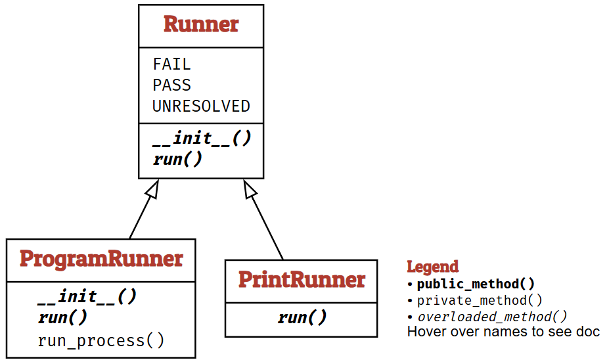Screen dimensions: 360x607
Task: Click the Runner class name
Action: point(200,24)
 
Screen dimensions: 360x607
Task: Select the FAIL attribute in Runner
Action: point(171,64)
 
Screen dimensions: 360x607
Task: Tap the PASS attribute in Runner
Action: point(171,85)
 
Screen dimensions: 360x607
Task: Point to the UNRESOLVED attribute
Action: point(201,106)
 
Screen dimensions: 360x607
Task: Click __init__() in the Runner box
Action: point(202,139)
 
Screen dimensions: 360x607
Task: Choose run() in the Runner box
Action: point(177,159)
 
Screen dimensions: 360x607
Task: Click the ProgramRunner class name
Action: point(101,259)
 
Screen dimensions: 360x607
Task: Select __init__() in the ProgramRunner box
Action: point(87,297)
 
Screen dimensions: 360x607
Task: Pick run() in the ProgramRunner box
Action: point(62,318)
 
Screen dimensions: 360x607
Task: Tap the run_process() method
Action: point(101,340)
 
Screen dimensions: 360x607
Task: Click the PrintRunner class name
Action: point(301,279)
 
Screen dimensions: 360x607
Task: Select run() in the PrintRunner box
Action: point(302,318)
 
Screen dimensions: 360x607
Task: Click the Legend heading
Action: point(432,267)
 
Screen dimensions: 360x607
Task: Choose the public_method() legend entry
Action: point(476,284)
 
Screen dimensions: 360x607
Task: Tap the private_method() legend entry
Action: point(480,300)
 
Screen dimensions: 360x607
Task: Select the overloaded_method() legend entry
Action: point(492,316)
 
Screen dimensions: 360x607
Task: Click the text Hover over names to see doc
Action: point(503,331)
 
